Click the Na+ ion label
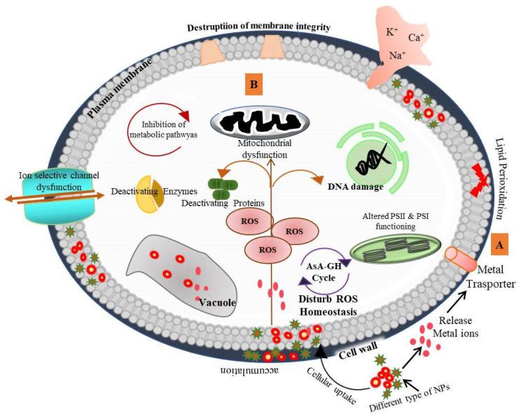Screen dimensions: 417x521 tap(397, 56)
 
